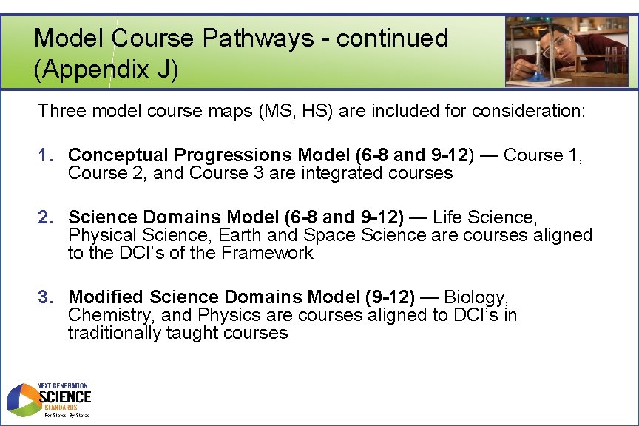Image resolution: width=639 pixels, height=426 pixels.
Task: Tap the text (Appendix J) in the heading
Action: click(x=106, y=70)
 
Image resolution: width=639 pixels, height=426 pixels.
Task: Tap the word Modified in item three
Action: click(x=105, y=297)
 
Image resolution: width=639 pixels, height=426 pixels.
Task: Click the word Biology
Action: click(x=476, y=297)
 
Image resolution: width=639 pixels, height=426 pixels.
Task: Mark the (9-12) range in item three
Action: click(x=390, y=297)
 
